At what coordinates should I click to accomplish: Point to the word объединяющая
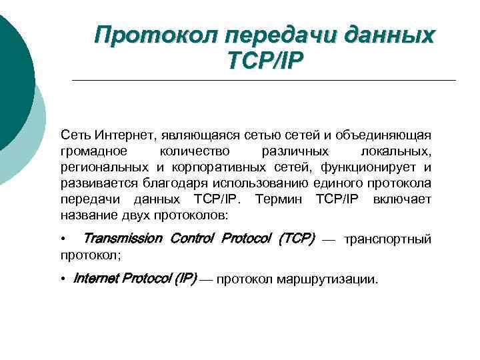[385, 136]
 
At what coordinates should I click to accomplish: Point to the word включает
[402, 199]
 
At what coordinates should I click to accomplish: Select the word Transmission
[123, 239]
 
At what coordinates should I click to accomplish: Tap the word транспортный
[387, 239]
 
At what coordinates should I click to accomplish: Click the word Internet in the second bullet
[94, 279]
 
